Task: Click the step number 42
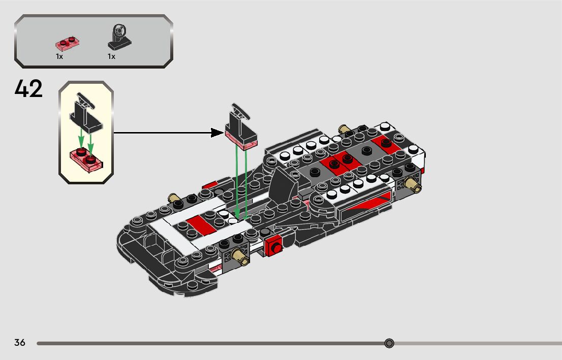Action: pyautogui.click(x=29, y=89)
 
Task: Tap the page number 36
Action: pyautogui.click(x=20, y=343)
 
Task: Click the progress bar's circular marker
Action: pyautogui.click(x=389, y=344)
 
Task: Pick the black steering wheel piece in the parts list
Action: pyautogui.click(x=118, y=37)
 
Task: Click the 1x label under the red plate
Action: pyautogui.click(x=59, y=57)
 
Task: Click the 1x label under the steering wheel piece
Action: pyautogui.click(x=111, y=57)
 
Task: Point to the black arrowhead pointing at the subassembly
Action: pyautogui.click(x=217, y=133)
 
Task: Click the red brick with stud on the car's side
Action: pyautogui.click(x=274, y=246)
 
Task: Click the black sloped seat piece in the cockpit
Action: pyautogui.click(x=281, y=185)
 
